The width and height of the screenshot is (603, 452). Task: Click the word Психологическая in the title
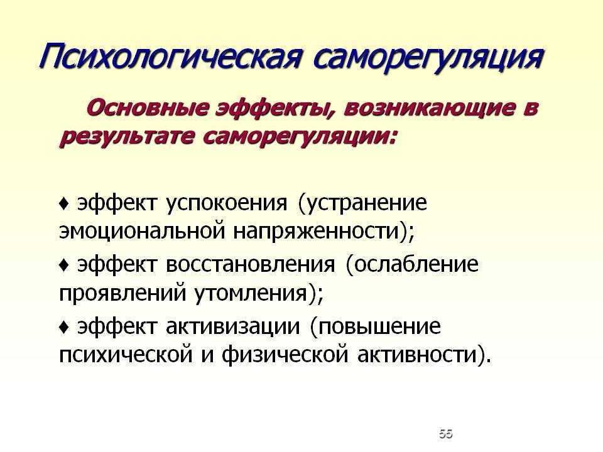click(170, 57)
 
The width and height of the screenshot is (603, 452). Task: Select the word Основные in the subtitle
click(148, 108)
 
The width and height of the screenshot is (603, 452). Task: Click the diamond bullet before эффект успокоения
click(64, 203)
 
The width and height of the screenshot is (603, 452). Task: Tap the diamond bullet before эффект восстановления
click(64, 265)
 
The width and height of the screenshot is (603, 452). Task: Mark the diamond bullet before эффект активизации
click(64, 327)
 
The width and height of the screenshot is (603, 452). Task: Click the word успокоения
click(227, 203)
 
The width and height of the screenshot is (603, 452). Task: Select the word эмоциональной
click(142, 231)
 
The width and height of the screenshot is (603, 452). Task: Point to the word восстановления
click(251, 265)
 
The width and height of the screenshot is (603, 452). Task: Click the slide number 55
click(446, 434)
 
